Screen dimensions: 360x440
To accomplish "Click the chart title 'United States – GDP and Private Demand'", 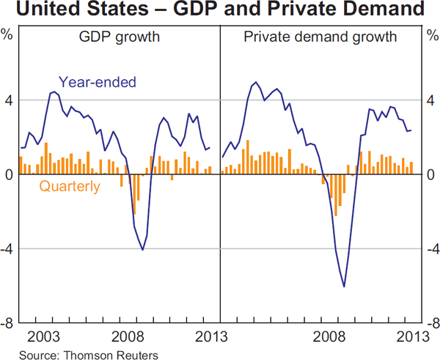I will (219, 10).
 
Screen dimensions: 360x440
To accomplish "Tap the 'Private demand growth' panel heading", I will (320, 36).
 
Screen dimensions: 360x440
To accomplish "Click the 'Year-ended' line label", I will (98, 82).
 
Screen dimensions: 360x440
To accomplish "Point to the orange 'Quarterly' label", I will (70, 186).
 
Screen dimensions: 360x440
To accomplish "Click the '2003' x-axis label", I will (45, 337).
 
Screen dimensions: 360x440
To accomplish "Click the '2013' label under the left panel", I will (212, 337).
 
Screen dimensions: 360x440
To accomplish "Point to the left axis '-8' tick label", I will (8, 323).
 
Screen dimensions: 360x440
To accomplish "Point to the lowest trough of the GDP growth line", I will (142, 250).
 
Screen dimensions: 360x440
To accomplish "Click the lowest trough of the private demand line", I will (344, 287).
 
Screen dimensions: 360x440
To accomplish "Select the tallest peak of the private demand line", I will (254, 83).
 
